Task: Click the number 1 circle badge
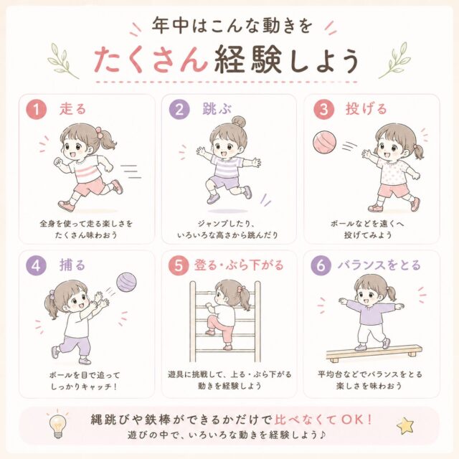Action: tap(37, 109)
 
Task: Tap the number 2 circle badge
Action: tap(179, 109)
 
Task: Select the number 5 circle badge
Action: tap(179, 265)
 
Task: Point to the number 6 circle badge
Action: tap(321, 265)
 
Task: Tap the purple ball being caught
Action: tap(126, 282)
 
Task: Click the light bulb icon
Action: tap(57, 425)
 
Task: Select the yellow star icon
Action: tap(405, 426)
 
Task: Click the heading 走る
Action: tap(72, 109)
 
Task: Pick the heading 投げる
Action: tap(366, 109)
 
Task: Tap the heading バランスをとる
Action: tap(379, 265)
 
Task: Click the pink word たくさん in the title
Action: tap(151, 60)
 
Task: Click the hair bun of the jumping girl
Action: tap(239, 121)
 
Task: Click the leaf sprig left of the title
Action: tap(63, 61)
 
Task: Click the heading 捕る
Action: tap(72, 265)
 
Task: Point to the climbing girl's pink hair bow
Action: tap(241, 289)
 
